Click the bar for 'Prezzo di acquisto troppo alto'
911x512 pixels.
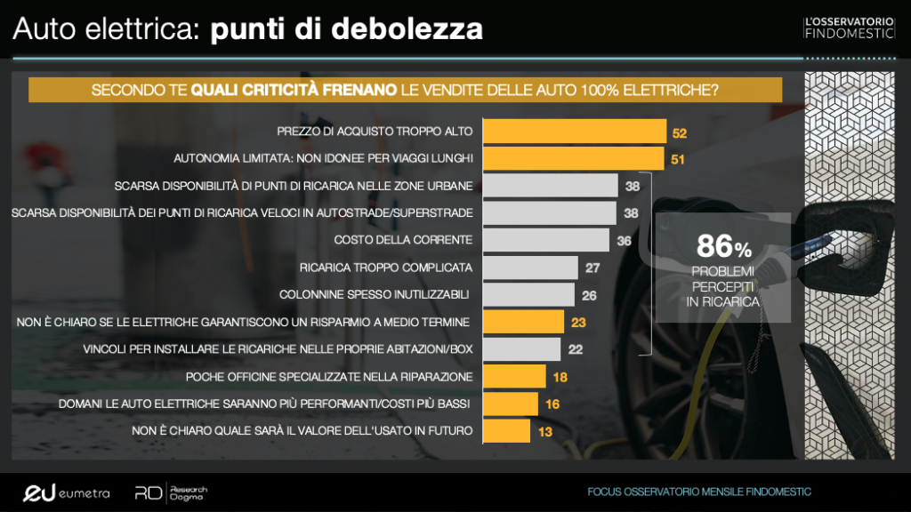pos(574,132)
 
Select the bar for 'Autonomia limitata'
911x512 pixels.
pos(573,159)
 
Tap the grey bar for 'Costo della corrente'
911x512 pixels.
pos(545,240)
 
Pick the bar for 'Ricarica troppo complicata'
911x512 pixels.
pos(529,268)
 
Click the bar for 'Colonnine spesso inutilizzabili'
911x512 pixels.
pos(528,294)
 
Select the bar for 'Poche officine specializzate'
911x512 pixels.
pos(513,377)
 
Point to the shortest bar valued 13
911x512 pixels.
pos(506,431)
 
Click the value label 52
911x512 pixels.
pos(681,132)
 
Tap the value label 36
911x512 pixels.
pos(625,240)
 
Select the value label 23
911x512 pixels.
pos(579,322)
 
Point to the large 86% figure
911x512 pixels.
pos(723,245)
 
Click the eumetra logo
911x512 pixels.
pos(66,492)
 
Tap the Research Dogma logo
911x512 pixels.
pos(172,492)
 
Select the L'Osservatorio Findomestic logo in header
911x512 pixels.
pos(848,27)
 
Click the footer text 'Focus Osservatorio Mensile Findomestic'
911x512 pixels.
pos(698,492)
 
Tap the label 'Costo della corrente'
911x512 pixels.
pos(402,240)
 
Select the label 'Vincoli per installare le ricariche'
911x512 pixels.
pos(278,349)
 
